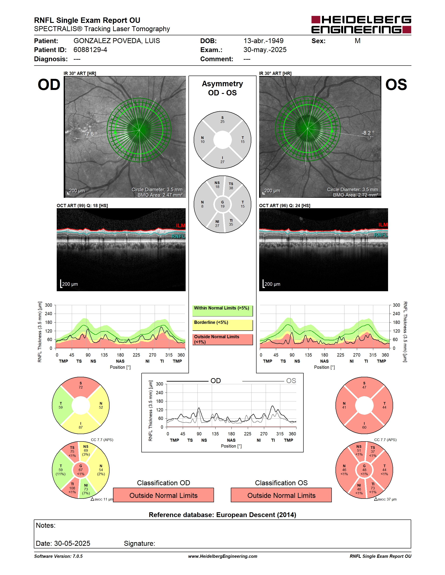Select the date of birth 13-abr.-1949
pos(263,41)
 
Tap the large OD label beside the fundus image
pos(49,85)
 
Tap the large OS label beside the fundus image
pos(396,85)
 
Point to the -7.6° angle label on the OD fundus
pos(91,134)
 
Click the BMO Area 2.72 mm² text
pos(355,195)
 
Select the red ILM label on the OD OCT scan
pos(181,226)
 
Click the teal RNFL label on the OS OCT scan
pos(381,235)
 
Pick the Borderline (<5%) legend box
pos(222,325)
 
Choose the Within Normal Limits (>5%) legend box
pos(222,311)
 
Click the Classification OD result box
pos(163,495)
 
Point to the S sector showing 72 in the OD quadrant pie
pos(81,386)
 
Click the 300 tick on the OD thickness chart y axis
pos(48,305)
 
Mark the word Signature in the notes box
pos(139,543)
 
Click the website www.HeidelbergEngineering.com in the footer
pos(222,556)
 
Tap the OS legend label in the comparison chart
pos(291,381)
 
